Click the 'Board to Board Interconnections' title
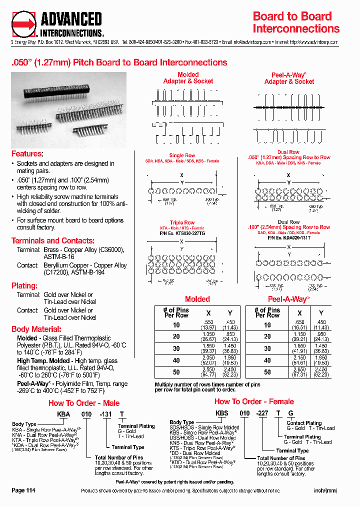pyautogui.click(x=296, y=22)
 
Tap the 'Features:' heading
pyautogui.click(x=27, y=154)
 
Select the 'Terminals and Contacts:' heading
pyautogui.click(x=52, y=240)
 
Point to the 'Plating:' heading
pyautogui.click(x=24, y=286)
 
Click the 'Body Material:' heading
pyautogui.click(x=36, y=329)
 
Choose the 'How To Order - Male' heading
pyautogui.click(x=83, y=403)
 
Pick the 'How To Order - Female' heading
pyautogui.click(x=254, y=401)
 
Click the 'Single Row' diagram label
pyautogui.click(x=182, y=155)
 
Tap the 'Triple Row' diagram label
pyautogui.click(x=182, y=222)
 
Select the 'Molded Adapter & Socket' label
pyautogui.click(x=188, y=78)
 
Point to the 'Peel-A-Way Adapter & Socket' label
pyautogui.click(x=289, y=78)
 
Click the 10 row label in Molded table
pyautogui.click(x=176, y=325)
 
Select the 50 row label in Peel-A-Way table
pyautogui.click(x=267, y=372)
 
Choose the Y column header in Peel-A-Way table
pyautogui.click(x=321, y=312)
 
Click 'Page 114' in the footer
pyautogui.click(x=23, y=490)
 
